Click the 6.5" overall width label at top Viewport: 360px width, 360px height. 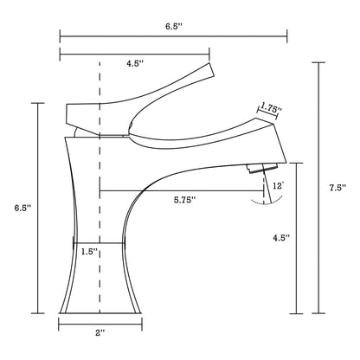(x=172, y=26)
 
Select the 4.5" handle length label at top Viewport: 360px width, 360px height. (x=136, y=62)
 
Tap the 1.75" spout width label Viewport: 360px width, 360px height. (x=271, y=109)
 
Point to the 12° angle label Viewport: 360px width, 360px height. (x=276, y=184)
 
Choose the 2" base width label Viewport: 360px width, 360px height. (x=100, y=331)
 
